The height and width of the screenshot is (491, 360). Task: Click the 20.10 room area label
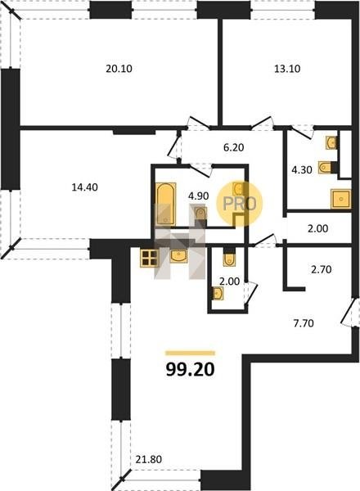pyautogui.click(x=119, y=69)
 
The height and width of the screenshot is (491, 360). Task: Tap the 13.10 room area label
pyautogui.click(x=287, y=69)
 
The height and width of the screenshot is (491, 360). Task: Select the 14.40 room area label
pyautogui.click(x=84, y=187)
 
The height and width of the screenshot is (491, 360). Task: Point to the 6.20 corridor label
pyautogui.click(x=233, y=147)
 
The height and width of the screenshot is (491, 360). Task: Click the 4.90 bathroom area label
pyautogui.click(x=198, y=196)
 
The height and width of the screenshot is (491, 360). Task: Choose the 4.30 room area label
pyautogui.click(x=302, y=170)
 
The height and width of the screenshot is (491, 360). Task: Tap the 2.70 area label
pyautogui.click(x=322, y=269)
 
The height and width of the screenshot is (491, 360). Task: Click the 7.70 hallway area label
pyautogui.click(x=304, y=323)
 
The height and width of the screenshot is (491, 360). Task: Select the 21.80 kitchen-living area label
pyautogui.click(x=149, y=459)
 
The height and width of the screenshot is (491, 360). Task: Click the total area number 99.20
pyautogui.click(x=190, y=370)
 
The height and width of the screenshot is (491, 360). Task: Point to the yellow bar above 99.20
pyautogui.click(x=190, y=354)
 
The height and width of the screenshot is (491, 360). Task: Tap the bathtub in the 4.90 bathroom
pyautogui.click(x=165, y=204)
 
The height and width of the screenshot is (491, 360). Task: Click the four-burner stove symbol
pyautogui.click(x=150, y=259)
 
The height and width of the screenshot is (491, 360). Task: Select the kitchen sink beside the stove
pyautogui.click(x=178, y=256)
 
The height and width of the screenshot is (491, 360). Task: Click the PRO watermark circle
pyautogui.click(x=240, y=204)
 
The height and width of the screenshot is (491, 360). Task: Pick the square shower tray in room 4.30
pyautogui.click(x=340, y=199)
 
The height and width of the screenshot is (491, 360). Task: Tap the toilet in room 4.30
pyautogui.click(x=326, y=167)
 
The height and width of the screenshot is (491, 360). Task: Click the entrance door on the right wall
pyautogui.click(x=349, y=312)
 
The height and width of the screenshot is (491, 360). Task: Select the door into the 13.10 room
pyautogui.click(x=263, y=123)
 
